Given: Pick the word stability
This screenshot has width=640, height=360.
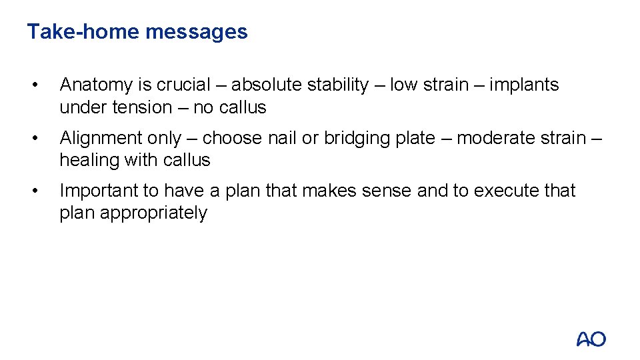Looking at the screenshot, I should [x=337, y=85].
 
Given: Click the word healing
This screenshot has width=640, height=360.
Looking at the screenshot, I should [x=86, y=160].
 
